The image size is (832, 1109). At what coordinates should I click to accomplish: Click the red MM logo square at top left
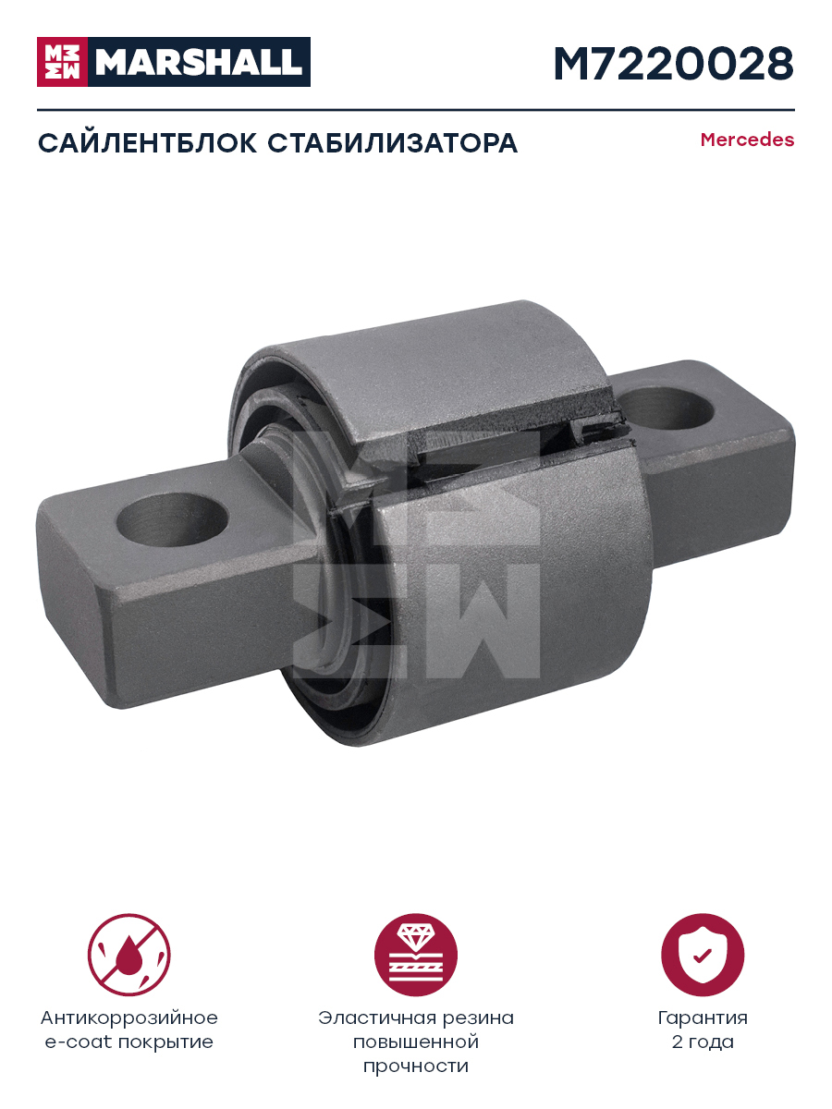(x=62, y=62)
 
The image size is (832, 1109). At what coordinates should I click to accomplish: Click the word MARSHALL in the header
(x=199, y=62)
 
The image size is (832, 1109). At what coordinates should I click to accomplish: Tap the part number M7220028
(x=674, y=64)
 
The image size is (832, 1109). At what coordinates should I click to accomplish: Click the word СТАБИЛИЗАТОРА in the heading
(x=393, y=143)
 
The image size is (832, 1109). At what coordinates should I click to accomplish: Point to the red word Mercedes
(x=747, y=140)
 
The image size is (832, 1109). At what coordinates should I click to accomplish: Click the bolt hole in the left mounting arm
(x=172, y=520)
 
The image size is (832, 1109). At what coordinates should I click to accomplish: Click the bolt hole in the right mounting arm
(x=665, y=408)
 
